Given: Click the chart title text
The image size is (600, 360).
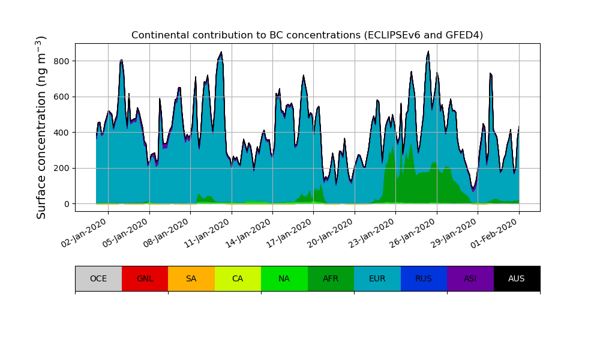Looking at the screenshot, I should (x=307, y=35).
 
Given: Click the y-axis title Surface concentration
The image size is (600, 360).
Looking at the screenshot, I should (x=41, y=127).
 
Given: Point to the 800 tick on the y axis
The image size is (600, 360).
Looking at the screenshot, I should (x=61, y=61).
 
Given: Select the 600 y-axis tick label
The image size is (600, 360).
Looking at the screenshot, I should (x=61, y=97).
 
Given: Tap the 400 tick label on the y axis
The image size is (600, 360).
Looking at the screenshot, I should (x=61, y=133).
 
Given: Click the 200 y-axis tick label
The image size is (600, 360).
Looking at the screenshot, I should (x=61, y=168).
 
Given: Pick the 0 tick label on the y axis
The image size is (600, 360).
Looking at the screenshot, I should (x=67, y=204).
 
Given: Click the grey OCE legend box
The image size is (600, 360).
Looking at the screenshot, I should (x=98, y=278).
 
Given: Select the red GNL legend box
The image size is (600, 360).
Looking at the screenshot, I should (x=145, y=278).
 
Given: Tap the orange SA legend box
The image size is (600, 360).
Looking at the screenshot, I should (x=191, y=278).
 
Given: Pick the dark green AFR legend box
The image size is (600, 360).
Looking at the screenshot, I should (x=331, y=278).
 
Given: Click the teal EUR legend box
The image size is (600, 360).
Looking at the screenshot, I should (x=377, y=278).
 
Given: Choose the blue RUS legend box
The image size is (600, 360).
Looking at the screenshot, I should (x=424, y=278).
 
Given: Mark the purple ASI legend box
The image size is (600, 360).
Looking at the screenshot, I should (x=470, y=278).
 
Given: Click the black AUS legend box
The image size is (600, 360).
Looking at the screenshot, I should (x=517, y=278).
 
